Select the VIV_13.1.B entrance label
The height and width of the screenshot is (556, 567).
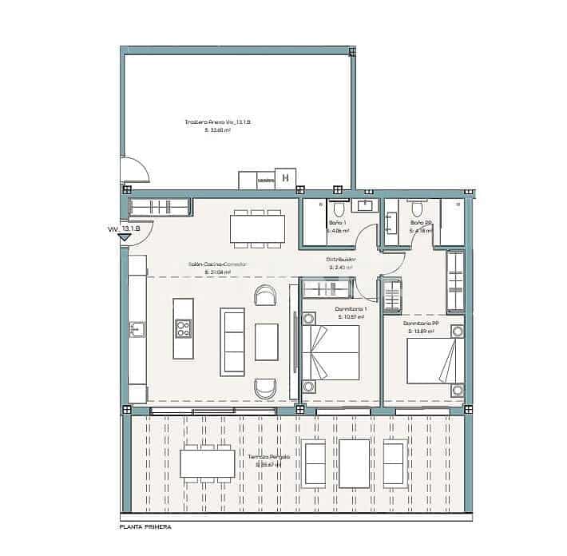124,228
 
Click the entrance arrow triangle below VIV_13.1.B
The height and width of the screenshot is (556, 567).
124,237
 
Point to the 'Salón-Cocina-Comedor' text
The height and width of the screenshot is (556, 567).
217,264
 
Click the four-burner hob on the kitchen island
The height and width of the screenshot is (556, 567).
183,328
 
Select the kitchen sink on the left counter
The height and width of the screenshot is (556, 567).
137,328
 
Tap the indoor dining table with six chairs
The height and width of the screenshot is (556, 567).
257,228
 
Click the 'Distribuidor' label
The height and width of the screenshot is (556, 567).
341,260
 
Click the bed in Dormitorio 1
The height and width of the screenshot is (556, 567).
329,355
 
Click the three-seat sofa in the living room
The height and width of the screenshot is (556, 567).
233,342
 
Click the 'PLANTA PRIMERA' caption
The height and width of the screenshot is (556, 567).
145,527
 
